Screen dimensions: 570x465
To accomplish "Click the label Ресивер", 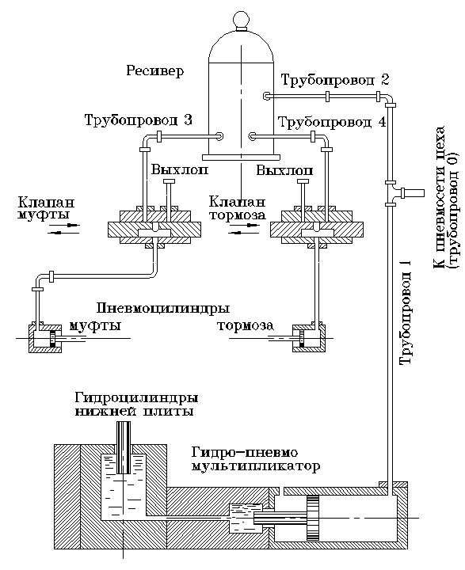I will [155, 71].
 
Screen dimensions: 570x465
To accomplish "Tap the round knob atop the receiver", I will [241, 18].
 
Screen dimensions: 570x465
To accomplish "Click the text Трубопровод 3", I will [149, 120].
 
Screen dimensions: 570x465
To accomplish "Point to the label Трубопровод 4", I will [333, 123].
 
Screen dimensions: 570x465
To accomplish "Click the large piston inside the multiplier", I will [314, 519].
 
